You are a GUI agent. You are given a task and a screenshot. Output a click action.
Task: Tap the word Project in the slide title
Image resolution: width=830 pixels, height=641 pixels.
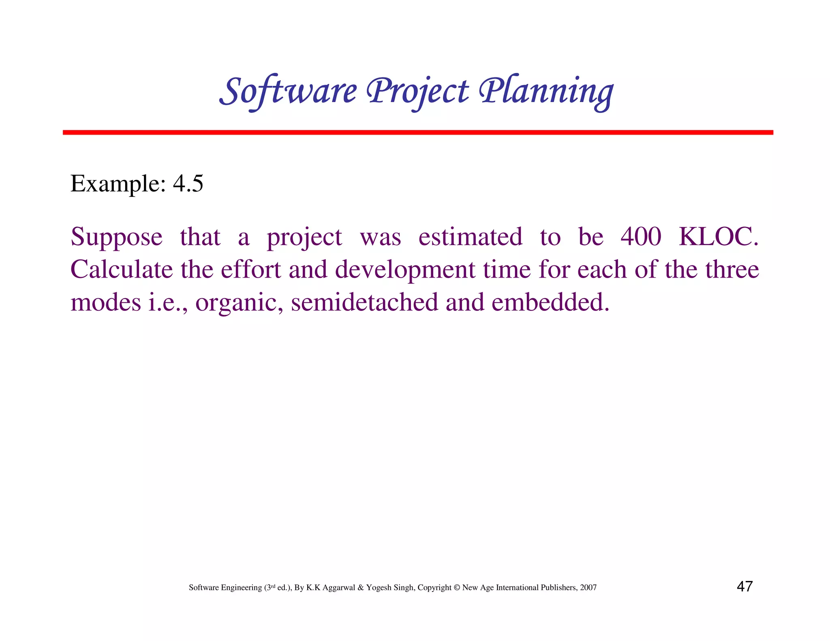tap(417, 92)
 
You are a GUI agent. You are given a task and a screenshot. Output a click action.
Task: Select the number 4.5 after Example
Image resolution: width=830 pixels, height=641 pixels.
tap(188, 184)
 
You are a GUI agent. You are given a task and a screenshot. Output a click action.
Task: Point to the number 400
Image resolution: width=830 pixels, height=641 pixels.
tap(641, 237)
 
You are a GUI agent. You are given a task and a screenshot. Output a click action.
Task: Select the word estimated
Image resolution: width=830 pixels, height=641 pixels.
tap(470, 237)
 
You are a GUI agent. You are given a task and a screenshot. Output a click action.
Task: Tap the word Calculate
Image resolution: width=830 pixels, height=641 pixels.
tap(122, 269)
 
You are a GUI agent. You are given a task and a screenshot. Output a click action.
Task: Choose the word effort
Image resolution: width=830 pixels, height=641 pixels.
tap(251, 269)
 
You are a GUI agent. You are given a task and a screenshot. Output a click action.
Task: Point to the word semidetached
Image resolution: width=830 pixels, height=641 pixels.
tap(365, 302)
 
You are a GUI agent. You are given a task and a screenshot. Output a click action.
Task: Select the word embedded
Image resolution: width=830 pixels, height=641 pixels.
tap(550, 302)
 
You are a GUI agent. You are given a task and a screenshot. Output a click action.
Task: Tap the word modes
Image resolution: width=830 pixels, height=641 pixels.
tap(106, 302)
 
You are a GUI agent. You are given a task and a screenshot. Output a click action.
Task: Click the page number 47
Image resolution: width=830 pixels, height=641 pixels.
tap(744, 587)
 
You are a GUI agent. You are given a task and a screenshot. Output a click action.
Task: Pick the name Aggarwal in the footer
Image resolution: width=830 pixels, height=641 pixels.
tap(339, 588)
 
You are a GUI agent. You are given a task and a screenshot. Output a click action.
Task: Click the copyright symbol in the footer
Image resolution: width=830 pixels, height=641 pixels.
tap(457, 588)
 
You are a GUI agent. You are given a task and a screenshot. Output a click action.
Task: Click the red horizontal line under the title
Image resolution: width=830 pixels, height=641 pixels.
tap(417, 132)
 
